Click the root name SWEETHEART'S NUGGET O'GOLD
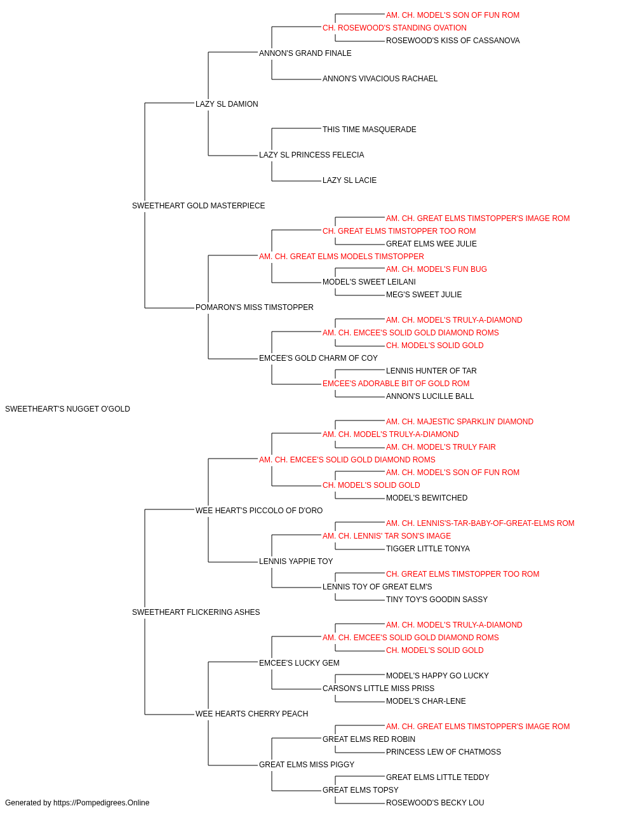(68, 409)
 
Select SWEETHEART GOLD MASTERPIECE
(199, 206)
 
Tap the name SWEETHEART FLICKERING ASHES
(196, 612)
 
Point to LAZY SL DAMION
(227, 104)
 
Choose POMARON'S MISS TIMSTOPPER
(255, 307)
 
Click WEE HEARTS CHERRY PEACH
(252, 714)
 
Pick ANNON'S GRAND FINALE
(305, 53)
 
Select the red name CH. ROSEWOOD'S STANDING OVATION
(395, 28)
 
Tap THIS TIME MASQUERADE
(370, 130)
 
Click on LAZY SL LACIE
(350, 180)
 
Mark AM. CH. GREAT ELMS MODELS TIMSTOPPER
(342, 257)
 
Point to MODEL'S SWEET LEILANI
(370, 282)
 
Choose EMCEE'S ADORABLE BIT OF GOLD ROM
(396, 384)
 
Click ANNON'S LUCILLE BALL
(430, 396)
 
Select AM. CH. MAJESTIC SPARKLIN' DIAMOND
(460, 422)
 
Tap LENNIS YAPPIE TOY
(296, 561)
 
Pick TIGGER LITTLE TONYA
(428, 549)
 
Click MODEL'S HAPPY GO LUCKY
(438, 676)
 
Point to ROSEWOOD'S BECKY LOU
(436, 803)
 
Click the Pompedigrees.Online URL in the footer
(102, 803)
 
